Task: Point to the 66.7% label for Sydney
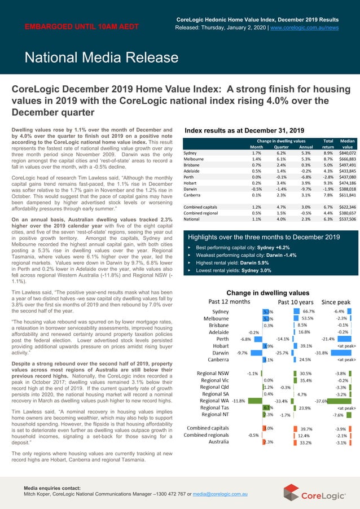click(308, 311)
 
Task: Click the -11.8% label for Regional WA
click(238, 401)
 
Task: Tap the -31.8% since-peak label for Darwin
click(321, 353)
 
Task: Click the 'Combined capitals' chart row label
click(208, 428)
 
